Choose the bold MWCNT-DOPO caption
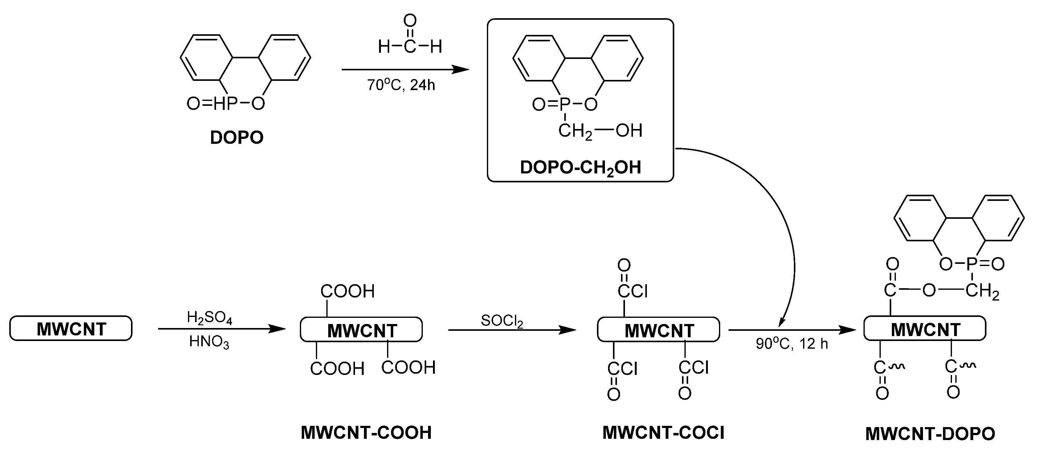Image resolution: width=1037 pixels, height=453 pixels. pos(930,434)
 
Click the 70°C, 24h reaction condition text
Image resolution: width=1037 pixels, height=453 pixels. pos(401,85)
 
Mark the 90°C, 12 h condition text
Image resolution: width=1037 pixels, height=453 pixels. pos(792,344)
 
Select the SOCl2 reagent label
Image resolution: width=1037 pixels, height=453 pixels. pos(502,321)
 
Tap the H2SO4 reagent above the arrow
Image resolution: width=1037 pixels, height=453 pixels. pos(209,318)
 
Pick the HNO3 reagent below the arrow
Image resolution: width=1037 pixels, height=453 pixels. pos(209,342)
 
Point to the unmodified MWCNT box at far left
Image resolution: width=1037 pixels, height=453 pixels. pos(71,328)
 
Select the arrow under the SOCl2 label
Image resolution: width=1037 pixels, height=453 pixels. pos(512,330)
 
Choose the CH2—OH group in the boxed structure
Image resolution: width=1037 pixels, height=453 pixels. pos(600,131)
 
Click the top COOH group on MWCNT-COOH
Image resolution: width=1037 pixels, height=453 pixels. pos(347,291)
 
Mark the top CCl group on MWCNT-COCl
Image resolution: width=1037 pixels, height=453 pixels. pos(632,291)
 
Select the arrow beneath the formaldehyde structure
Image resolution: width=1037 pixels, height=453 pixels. pos(405,70)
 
